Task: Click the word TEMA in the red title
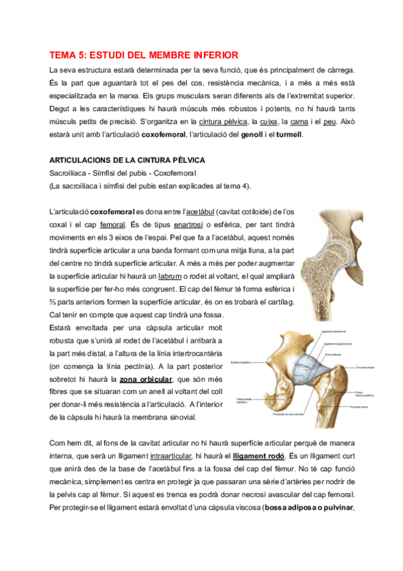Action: pyautogui.click(x=63, y=55)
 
